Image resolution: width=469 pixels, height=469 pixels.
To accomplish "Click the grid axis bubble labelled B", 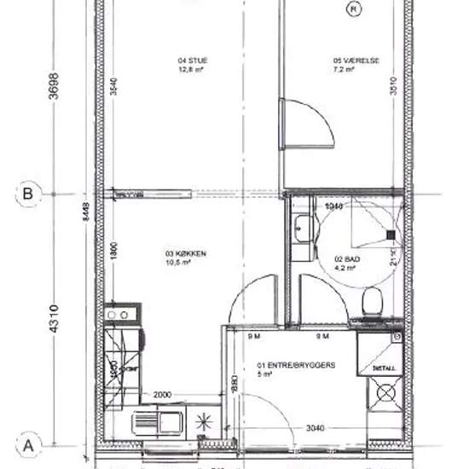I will tap(28, 194).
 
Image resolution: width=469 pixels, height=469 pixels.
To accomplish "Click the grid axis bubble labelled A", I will tap(28, 445).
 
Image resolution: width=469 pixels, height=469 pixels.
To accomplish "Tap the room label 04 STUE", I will tap(193, 65).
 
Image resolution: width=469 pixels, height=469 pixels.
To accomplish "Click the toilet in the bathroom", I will tap(372, 301).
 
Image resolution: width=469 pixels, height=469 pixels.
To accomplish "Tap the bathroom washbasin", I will tap(300, 229).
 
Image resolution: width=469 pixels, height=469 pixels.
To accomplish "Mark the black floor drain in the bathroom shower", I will tap(390, 233).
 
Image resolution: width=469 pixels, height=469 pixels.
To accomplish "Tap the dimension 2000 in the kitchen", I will tap(165, 395).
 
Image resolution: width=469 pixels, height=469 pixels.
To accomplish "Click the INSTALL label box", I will tap(385, 368).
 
